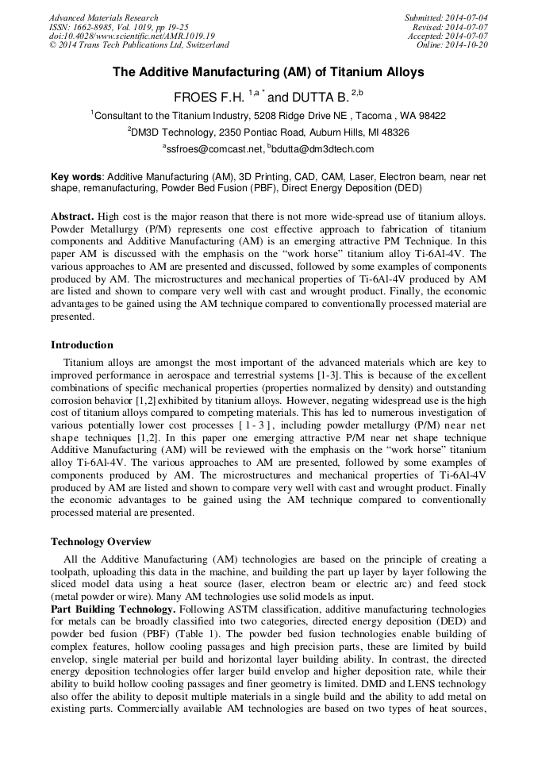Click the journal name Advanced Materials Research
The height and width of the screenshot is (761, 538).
click(103, 17)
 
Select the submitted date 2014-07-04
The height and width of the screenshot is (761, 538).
click(467, 17)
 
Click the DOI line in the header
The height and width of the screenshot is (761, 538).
click(131, 37)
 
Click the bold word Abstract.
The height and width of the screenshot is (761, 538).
click(74, 217)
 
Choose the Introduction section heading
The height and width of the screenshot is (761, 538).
click(82, 345)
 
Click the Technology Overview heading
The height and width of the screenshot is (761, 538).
click(101, 542)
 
